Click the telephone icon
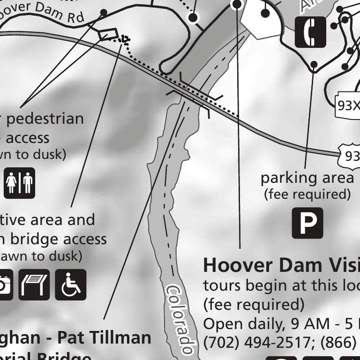point(310,32)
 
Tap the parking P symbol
point(307,223)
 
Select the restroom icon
point(20,183)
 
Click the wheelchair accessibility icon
point(71,285)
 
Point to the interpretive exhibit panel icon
point(34,285)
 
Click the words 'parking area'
point(307,178)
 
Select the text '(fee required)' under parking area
point(307,194)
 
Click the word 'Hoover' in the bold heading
point(232,265)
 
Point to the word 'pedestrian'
point(45,119)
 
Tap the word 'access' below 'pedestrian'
point(28,138)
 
